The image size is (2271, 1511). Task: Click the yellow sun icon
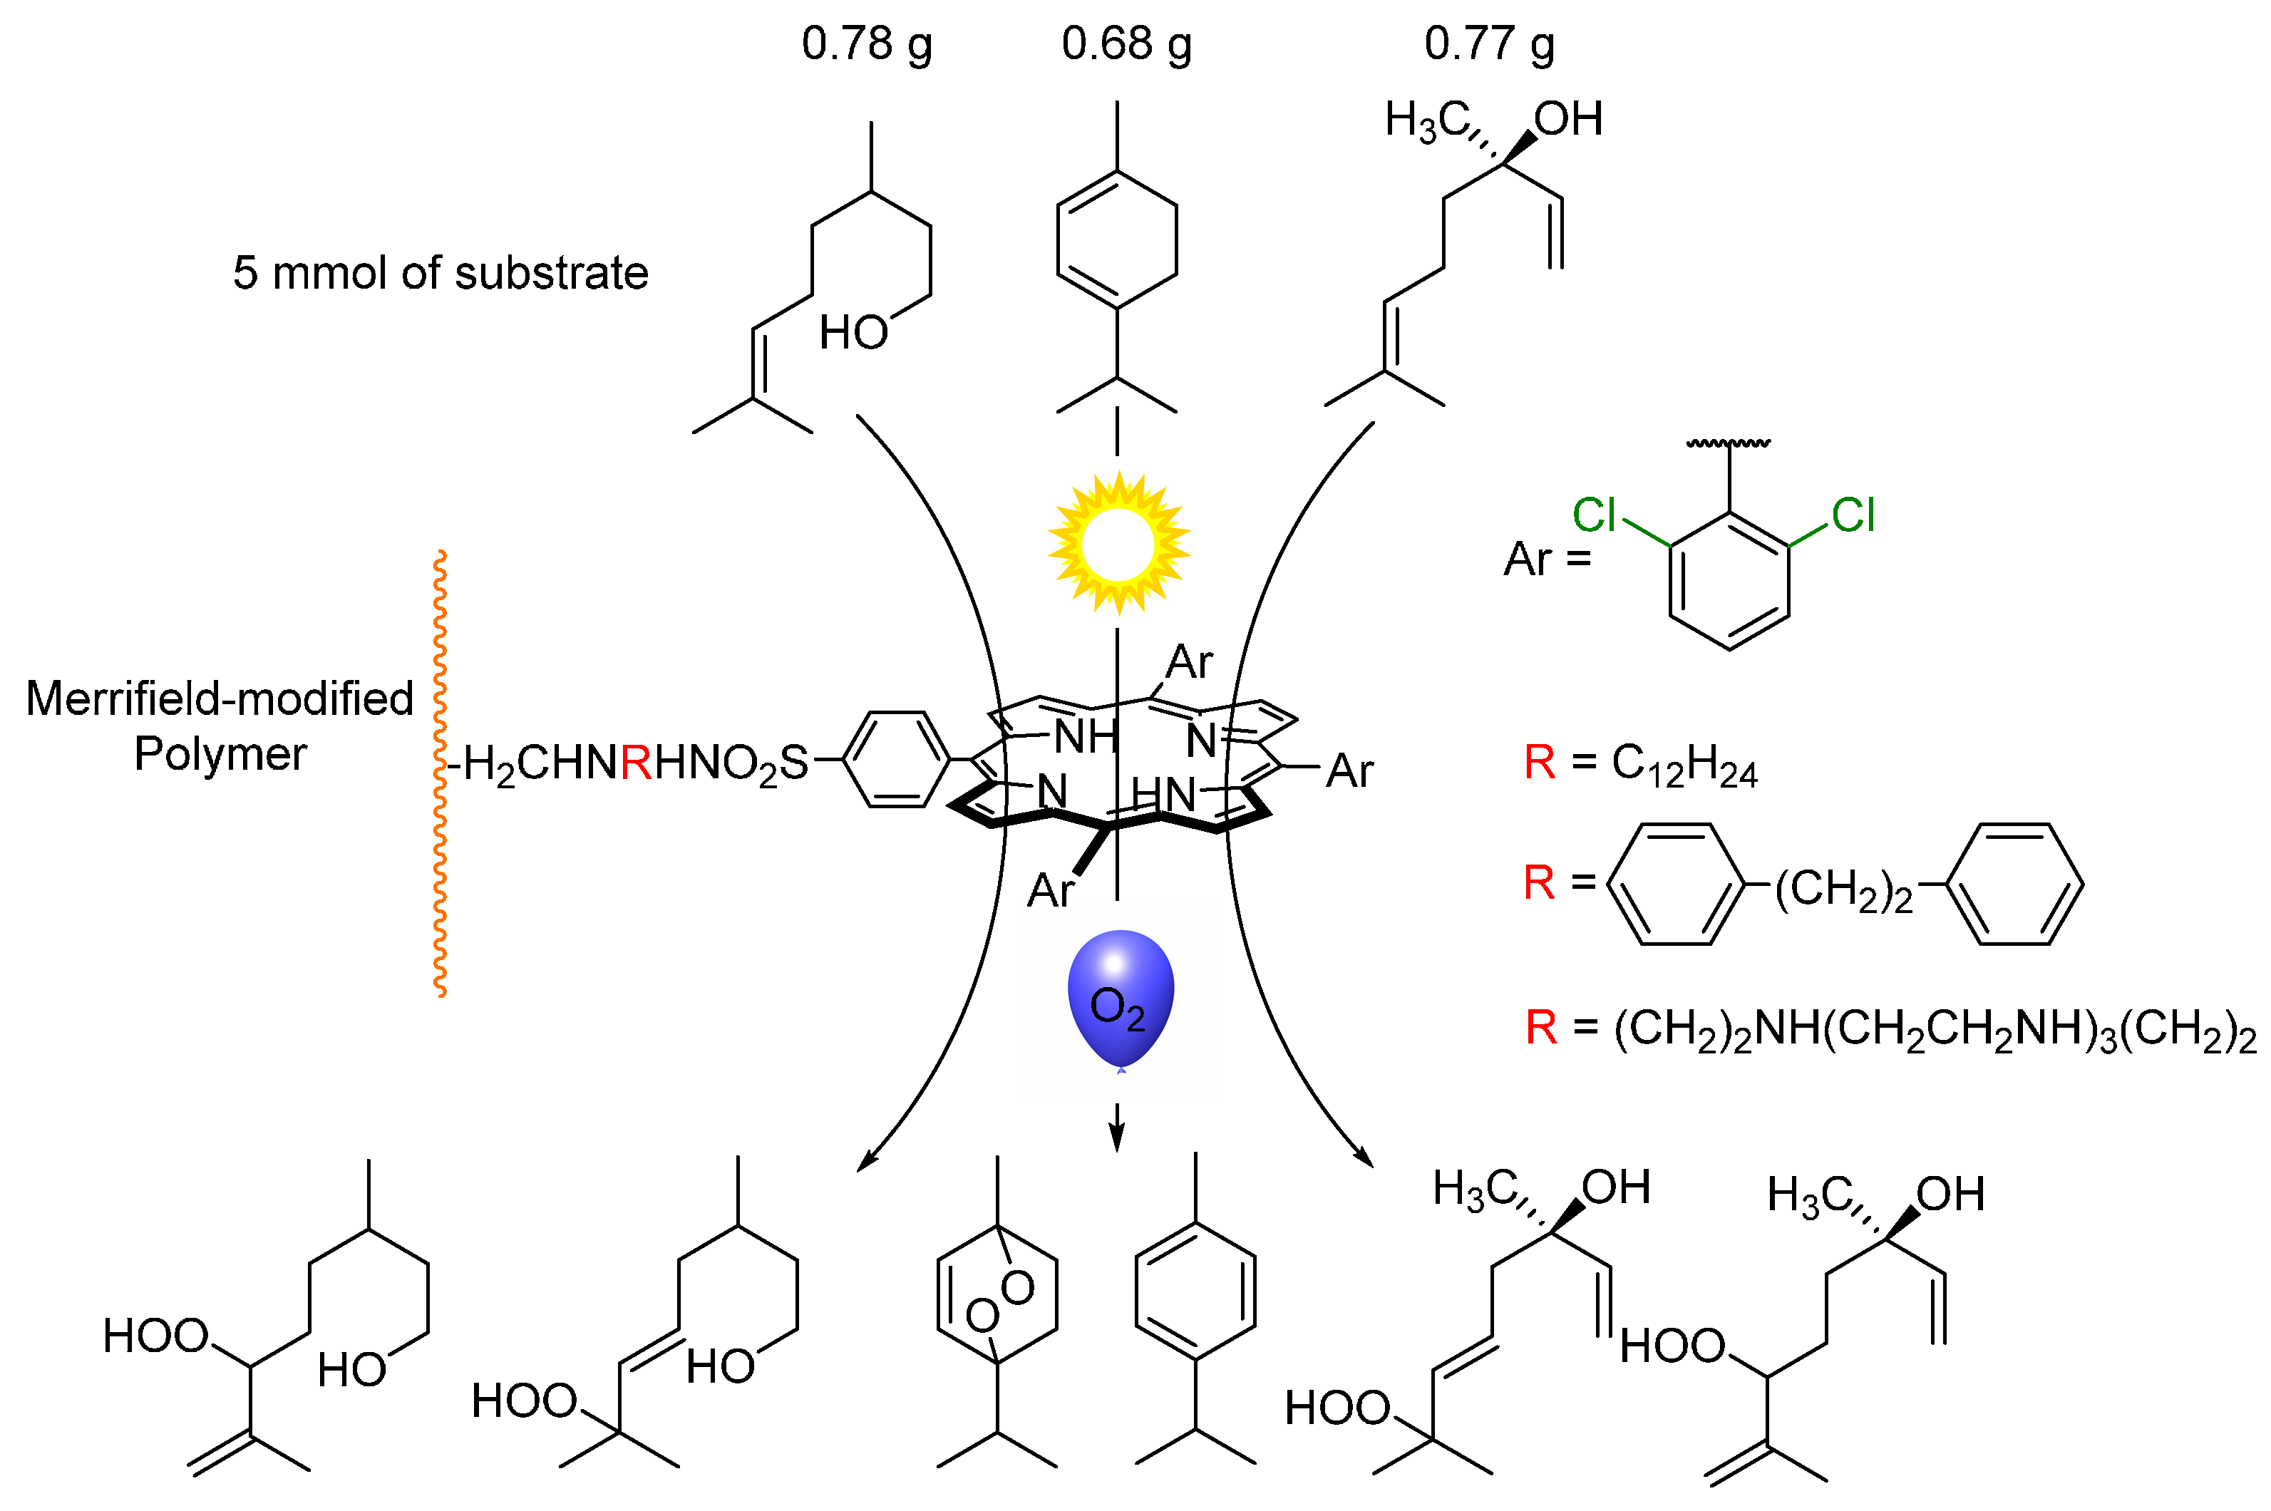point(1118,544)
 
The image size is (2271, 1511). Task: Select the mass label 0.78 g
point(866,44)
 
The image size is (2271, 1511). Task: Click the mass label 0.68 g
point(1126,44)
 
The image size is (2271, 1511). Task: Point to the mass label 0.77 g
point(1488,44)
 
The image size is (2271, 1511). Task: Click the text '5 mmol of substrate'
point(441,273)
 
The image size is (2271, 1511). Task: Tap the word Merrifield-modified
point(220,698)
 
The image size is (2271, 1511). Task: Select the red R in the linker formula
point(636,763)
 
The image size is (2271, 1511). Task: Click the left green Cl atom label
point(1594,515)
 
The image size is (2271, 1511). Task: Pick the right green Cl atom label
point(1852,515)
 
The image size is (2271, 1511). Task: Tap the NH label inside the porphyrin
point(1086,737)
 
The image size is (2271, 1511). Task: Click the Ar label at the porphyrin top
point(1189,662)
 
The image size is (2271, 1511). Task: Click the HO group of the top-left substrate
point(853,332)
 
